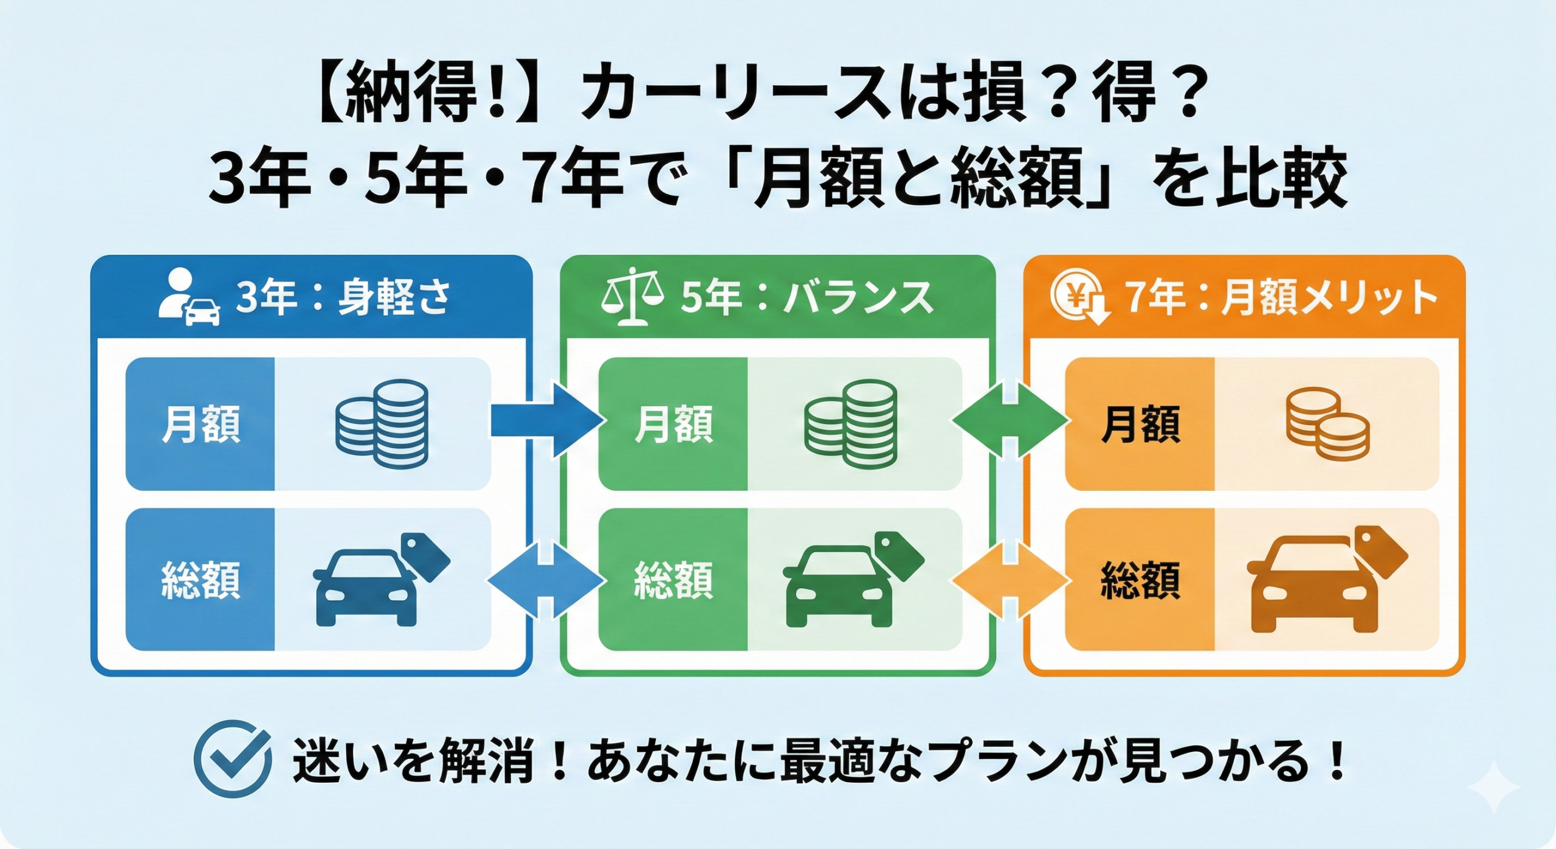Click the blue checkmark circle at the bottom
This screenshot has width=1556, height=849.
click(x=232, y=758)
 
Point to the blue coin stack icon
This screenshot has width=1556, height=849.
click(x=382, y=423)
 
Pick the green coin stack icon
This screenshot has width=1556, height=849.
click(x=850, y=424)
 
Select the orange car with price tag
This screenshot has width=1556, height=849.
click(x=1326, y=581)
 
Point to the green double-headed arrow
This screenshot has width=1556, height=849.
click(x=1010, y=420)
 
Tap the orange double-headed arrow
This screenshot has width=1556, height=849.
click(x=1010, y=581)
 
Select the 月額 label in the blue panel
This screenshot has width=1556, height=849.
click(x=201, y=424)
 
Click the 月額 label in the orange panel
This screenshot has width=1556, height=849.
click(x=1140, y=424)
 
